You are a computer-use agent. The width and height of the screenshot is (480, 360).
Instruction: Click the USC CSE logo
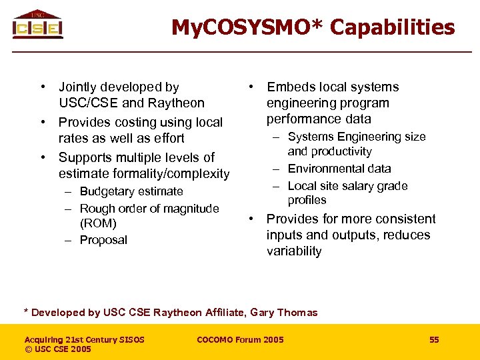(x=37, y=25)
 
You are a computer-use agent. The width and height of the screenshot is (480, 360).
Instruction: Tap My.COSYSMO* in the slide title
(x=247, y=27)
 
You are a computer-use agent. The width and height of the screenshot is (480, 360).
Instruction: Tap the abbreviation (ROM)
(x=98, y=224)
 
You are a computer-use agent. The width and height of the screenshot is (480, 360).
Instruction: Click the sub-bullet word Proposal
(x=103, y=240)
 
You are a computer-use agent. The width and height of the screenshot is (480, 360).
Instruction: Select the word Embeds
(x=288, y=87)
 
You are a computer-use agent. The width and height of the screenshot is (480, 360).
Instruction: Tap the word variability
(x=294, y=251)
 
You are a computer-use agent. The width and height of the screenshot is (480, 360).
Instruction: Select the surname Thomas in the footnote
(x=298, y=312)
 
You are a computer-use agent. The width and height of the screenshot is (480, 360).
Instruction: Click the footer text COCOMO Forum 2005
(x=240, y=340)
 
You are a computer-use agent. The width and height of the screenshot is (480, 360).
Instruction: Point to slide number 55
(x=434, y=340)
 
